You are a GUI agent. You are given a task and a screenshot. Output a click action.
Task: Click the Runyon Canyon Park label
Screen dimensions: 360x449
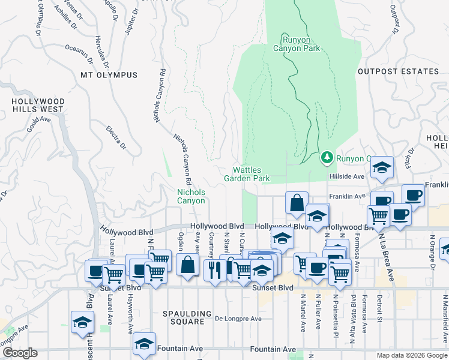click(x=297, y=44)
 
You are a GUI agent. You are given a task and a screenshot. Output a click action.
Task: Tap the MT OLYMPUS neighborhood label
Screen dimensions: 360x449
click(x=109, y=75)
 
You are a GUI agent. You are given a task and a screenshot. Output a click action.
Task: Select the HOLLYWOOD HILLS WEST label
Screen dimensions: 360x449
click(x=37, y=105)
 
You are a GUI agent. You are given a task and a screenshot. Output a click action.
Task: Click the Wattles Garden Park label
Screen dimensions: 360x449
click(x=247, y=174)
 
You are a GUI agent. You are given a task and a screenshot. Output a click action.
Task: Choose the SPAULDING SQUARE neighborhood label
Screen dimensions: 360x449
click(x=188, y=313)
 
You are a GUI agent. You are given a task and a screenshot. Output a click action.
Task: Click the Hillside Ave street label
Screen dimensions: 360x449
click(x=346, y=176)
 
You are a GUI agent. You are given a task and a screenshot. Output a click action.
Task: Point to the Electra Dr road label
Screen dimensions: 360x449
click(x=116, y=137)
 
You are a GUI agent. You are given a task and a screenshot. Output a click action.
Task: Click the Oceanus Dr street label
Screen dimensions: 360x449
click(x=79, y=53)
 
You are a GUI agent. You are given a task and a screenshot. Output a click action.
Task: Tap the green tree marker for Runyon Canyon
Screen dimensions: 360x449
click(x=327, y=157)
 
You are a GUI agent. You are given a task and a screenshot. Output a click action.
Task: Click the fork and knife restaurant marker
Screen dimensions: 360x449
click(x=215, y=269)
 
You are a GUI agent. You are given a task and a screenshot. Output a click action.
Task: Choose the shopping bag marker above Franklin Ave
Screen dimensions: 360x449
click(x=297, y=202)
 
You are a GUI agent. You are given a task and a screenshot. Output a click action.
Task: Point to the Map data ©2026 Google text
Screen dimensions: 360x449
click(x=411, y=355)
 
